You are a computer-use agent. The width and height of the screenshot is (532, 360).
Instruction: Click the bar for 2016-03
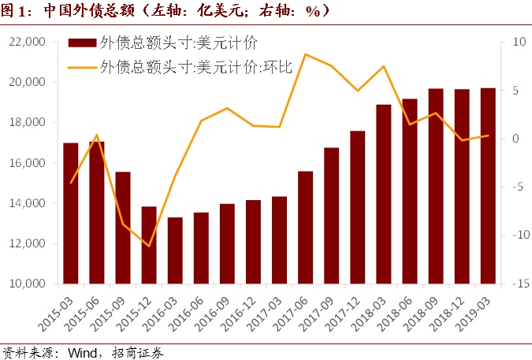[x=175, y=251]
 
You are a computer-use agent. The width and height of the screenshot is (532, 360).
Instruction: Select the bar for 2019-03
[x=488, y=186]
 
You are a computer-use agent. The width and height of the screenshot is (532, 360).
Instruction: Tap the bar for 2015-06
[x=97, y=213]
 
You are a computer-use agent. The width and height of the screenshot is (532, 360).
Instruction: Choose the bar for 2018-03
[x=384, y=194]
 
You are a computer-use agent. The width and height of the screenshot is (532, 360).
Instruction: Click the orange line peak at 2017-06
[x=305, y=54]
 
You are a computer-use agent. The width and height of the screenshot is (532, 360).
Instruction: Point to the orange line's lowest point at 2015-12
[x=149, y=246]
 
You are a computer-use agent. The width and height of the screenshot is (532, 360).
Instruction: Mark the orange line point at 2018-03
[x=384, y=66]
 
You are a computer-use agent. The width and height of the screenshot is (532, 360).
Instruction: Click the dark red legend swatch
[x=82, y=42]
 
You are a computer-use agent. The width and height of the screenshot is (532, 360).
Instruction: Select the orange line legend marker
[x=82, y=67]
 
